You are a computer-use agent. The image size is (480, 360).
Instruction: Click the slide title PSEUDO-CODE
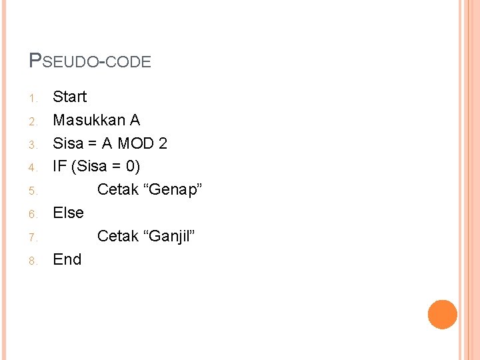[x=91, y=61]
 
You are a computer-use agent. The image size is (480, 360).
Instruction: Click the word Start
[x=70, y=97]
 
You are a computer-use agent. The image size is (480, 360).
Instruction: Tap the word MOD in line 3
[x=136, y=143]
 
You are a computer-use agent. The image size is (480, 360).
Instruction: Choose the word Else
[x=69, y=213]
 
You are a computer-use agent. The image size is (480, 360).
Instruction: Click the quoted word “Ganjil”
[x=169, y=236]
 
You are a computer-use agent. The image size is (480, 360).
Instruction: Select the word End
[x=67, y=259]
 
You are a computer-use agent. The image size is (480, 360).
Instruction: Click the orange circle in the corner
[x=442, y=315]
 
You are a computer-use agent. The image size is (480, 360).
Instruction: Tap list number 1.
[x=34, y=99]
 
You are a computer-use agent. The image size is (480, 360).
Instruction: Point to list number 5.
[x=34, y=191]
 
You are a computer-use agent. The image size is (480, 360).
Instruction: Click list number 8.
[x=34, y=261]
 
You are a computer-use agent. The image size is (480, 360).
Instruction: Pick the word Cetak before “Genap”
[x=119, y=190]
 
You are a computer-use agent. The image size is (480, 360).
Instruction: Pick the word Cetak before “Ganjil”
[x=119, y=236]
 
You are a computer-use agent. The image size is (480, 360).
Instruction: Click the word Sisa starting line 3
[x=68, y=143]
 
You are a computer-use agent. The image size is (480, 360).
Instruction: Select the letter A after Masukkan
[x=135, y=120]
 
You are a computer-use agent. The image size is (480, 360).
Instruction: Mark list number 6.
[x=34, y=215]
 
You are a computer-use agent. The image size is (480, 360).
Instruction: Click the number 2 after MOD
[x=163, y=143]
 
